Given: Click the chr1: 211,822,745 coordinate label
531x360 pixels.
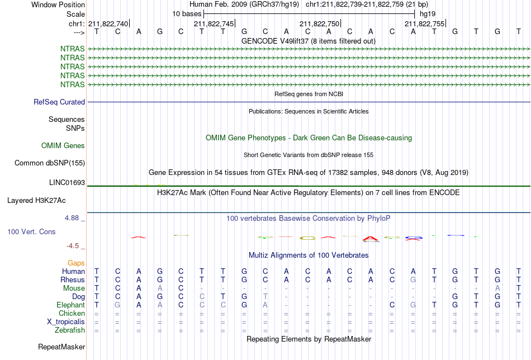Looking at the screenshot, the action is pyautogui.click(x=214, y=23).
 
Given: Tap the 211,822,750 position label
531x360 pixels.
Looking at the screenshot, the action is pyautogui.click(x=319, y=23).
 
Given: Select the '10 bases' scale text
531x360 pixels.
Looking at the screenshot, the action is pyautogui.click(x=187, y=14).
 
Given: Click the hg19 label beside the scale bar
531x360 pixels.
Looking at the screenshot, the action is pyautogui.click(x=428, y=14).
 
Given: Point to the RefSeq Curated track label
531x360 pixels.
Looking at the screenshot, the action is pyautogui.click(x=59, y=102).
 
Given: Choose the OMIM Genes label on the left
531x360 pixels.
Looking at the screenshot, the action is pyautogui.click(x=63, y=146).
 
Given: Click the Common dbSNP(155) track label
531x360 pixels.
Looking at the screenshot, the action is pyautogui.click(x=50, y=163).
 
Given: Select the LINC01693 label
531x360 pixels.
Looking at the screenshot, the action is pyautogui.click(x=67, y=183).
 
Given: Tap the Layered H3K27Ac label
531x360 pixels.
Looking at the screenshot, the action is pyautogui.click(x=36, y=201).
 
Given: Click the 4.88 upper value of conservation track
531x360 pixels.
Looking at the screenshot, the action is pyautogui.click(x=72, y=218).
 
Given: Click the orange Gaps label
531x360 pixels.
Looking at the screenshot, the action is pyautogui.click(x=76, y=263).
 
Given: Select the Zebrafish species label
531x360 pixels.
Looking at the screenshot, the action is pyautogui.click(x=70, y=330).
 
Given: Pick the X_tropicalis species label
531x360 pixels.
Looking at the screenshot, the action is pyautogui.click(x=66, y=322).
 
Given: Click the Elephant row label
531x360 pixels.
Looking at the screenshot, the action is pyautogui.click(x=70, y=305).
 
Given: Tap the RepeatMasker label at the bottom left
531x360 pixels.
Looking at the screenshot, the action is pyautogui.click(x=61, y=347).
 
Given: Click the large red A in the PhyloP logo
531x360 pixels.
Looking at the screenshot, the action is pyautogui.click(x=371, y=239).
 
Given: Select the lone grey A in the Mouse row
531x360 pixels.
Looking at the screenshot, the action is pyautogui.click(x=497, y=288).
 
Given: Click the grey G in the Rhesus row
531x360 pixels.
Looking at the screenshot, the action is pyautogui.click(x=413, y=280).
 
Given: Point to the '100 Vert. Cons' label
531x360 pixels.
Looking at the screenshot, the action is pyautogui.click(x=31, y=231).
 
